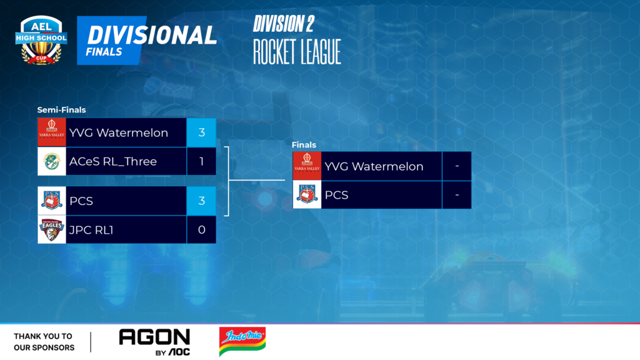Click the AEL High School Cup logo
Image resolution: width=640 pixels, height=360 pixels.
(x=41, y=40)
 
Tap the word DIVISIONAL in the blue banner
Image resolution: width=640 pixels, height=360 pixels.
(x=151, y=35)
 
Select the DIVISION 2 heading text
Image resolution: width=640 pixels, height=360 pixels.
(x=284, y=24)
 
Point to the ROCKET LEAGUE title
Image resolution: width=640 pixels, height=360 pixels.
(x=297, y=52)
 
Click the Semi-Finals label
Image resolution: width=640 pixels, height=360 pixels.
(x=61, y=110)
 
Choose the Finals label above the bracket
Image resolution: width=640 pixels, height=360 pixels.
(x=304, y=145)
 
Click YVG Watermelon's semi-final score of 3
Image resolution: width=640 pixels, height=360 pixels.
(x=201, y=132)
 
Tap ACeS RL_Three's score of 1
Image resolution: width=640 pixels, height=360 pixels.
(x=201, y=162)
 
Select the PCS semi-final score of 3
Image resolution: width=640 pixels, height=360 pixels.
(x=201, y=201)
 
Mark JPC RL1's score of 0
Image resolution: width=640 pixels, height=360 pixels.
(x=201, y=230)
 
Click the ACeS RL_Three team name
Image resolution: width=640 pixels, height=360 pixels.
(x=113, y=162)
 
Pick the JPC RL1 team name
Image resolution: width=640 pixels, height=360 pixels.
(x=91, y=230)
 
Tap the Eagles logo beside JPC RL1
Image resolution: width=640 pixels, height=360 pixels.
(x=51, y=230)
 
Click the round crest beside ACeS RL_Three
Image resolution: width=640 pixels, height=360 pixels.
(x=51, y=162)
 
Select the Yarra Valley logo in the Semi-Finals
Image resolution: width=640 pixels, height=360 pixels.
(x=51, y=132)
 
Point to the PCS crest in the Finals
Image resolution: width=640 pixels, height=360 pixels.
(x=307, y=195)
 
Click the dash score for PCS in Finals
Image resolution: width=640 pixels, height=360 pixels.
(x=457, y=195)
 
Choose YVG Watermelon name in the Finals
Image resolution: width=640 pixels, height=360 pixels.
(x=374, y=166)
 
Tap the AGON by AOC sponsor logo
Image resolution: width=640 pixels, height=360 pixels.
(x=154, y=342)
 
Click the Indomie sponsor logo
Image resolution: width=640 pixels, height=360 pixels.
(x=242, y=341)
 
